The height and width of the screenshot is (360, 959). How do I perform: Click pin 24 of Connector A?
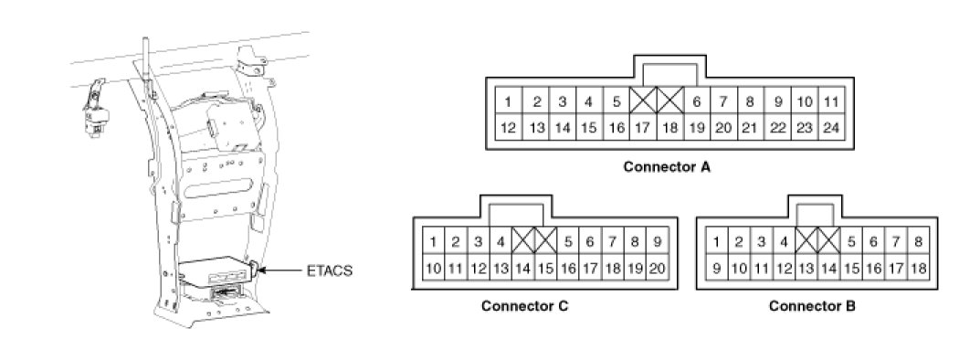[830, 127]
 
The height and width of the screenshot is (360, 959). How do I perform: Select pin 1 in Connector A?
[508, 101]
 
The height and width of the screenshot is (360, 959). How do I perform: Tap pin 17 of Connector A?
[642, 127]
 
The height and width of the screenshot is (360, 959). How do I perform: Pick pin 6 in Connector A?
[696, 101]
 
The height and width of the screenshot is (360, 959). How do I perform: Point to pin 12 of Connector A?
[508, 127]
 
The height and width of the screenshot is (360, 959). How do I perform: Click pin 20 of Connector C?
[658, 268]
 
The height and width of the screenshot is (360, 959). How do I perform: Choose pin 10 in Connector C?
[433, 268]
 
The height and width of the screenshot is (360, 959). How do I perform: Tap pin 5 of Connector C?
[567, 241]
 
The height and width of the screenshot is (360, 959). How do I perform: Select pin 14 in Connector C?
[523, 268]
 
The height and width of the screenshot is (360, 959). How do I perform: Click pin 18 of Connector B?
[918, 268]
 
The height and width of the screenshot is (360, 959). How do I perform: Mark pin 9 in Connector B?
[716, 268]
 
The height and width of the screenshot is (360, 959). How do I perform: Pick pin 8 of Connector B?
[918, 241]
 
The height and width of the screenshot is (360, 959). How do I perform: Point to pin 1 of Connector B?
[716, 241]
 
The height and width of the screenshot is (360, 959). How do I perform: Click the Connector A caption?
[667, 166]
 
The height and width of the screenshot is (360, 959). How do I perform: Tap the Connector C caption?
[525, 305]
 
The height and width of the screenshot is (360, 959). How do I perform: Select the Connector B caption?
[812, 305]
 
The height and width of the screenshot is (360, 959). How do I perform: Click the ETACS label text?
[331, 270]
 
